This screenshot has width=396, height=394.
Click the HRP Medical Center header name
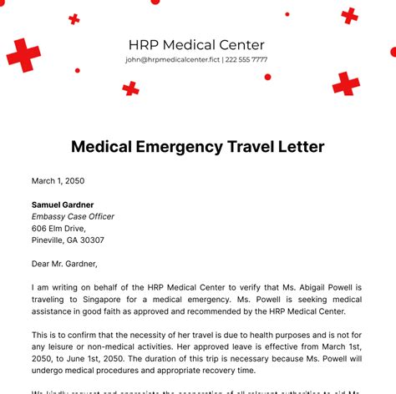click(x=196, y=45)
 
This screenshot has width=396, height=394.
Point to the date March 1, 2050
click(x=58, y=180)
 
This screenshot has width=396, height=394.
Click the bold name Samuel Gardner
click(x=63, y=205)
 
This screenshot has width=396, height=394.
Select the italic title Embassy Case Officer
click(x=73, y=216)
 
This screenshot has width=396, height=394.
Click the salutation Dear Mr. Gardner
click(x=64, y=264)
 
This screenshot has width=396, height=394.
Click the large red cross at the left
click(x=23, y=55)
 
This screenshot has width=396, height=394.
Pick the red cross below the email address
click(x=130, y=88)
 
